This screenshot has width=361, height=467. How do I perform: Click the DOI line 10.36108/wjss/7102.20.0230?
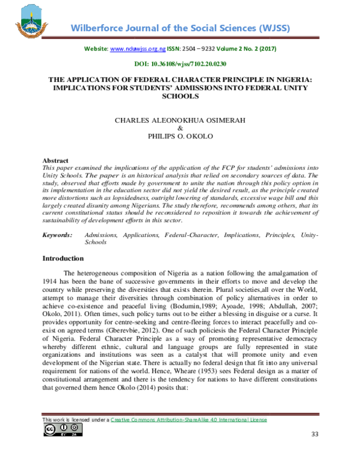click(180, 63)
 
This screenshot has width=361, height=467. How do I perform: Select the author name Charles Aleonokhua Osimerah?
click(180, 120)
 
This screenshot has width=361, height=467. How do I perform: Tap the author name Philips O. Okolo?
click(180, 137)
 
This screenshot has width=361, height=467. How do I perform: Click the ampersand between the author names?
click(180, 128)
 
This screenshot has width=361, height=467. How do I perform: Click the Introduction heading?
click(63, 259)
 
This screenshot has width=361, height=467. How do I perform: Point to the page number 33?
click(315, 434)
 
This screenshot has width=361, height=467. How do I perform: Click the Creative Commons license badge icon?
click(62, 429)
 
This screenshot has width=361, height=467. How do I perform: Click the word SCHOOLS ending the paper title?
click(180, 96)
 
